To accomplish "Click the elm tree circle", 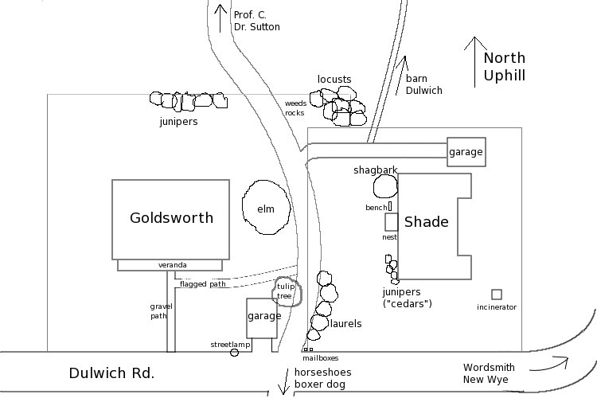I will (265, 209).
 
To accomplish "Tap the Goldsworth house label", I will (171, 217).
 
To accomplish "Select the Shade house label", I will (427, 222).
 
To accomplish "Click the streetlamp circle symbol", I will (234, 352).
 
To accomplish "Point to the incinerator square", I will (497, 295).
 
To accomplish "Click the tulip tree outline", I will (286, 291).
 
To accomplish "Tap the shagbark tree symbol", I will (385, 186).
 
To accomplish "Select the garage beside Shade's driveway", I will (466, 152).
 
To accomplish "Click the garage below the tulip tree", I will (263, 317).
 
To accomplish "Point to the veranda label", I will (172, 265).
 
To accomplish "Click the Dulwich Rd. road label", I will (111, 373).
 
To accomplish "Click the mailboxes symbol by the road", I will (307, 349).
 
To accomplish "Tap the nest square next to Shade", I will (391, 222).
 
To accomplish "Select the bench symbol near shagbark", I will (390, 206).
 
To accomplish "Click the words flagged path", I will (203, 284).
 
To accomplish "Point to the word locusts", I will (334, 80).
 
